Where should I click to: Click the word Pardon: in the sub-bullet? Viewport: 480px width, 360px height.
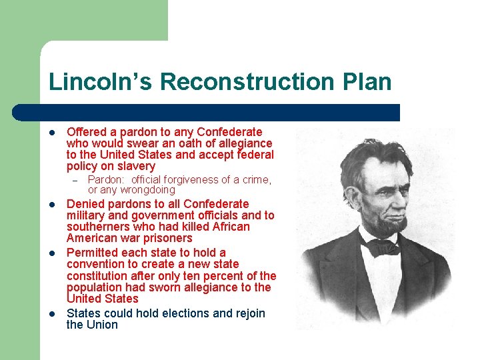tap(107, 179)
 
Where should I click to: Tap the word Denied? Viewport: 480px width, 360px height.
tap(85, 204)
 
